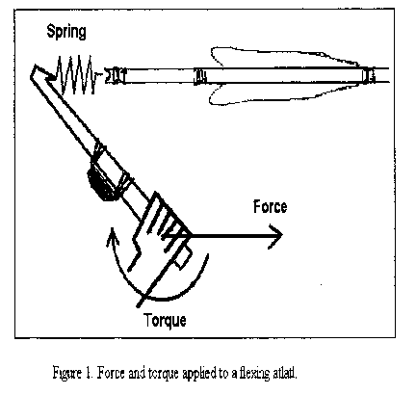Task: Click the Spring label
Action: [66, 32]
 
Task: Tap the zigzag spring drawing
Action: [76, 75]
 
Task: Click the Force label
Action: [270, 206]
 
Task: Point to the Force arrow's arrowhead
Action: [275, 235]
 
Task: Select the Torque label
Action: [165, 321]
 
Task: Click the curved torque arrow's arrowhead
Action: [112, 237]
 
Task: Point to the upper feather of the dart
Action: [282, 57]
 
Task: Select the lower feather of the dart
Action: [282, 93]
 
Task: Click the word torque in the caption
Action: [164, 374]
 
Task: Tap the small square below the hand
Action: [184, 259]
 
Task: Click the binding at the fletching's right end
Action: [369, 75]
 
